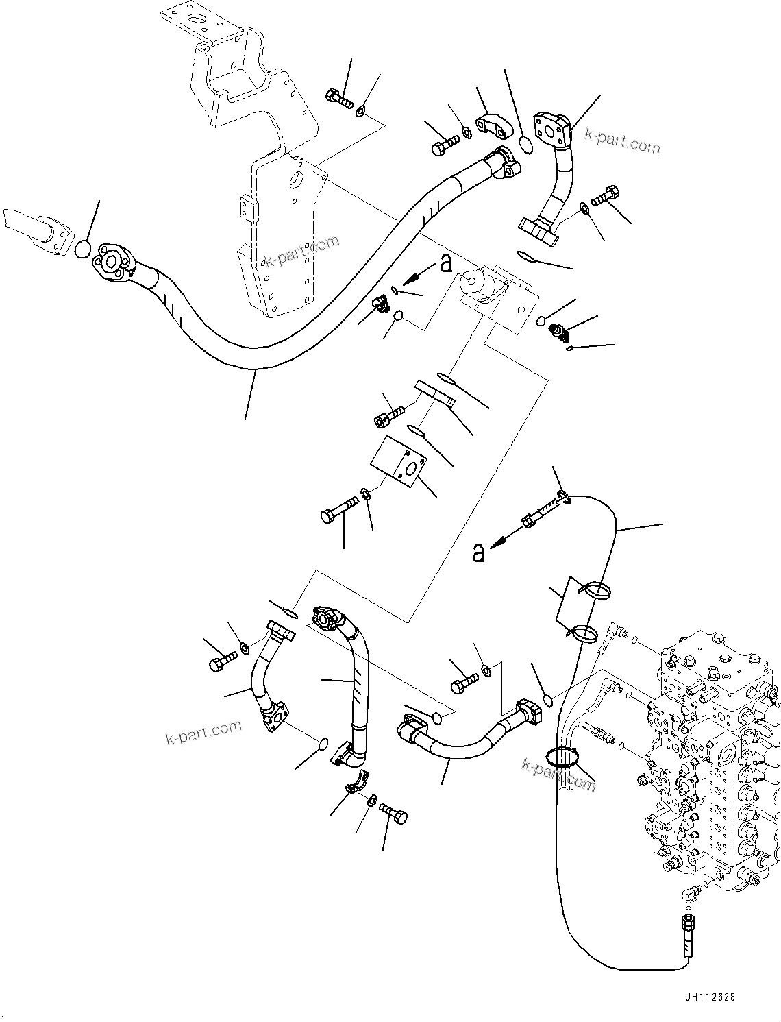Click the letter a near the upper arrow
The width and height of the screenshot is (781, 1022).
click(447, 263)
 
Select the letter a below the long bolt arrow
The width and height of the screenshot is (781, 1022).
click(479, 552)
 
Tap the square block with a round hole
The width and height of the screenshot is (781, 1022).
click(399, 463)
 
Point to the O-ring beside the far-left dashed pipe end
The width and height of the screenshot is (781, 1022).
click(82, 249)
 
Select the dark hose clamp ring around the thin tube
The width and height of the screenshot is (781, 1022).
click(562, 757)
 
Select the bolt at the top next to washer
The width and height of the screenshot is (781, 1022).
click(339, 99)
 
